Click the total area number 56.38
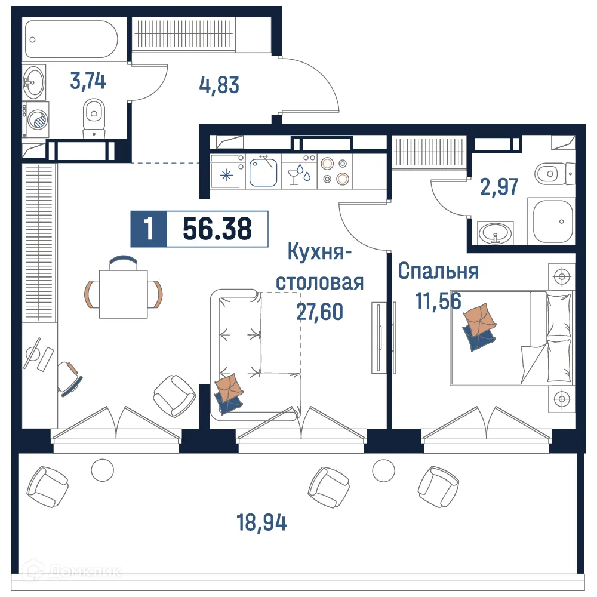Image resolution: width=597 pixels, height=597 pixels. [217, 229]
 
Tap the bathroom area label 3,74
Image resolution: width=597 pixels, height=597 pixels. [88, 81]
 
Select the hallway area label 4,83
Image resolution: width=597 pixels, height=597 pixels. [219, 85]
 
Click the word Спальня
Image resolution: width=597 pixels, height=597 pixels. [438, 271]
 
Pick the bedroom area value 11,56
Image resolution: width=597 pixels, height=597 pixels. [439, 302]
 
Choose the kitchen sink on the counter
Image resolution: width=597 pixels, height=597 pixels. [263, 171]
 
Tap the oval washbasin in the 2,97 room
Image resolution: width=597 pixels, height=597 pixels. [496, 232]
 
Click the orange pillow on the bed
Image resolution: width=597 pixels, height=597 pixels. [481, 320]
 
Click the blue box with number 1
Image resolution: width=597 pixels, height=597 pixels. [148, 229]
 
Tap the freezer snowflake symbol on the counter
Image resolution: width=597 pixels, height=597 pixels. [227, 176]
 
